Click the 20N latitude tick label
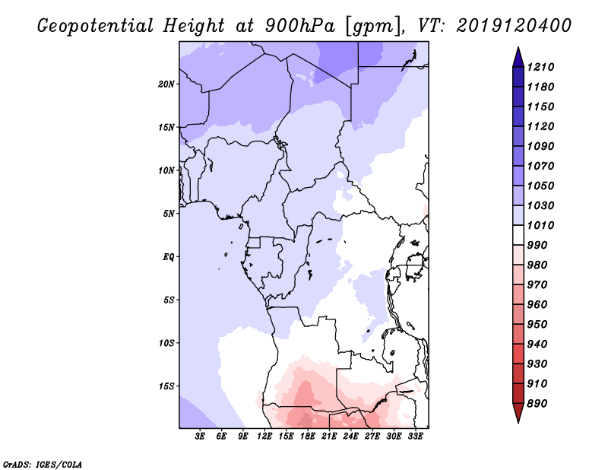[166, 84]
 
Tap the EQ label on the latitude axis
[168, 257]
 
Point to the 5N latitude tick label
[169, 214]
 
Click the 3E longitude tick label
[200, 437]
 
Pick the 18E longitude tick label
[308, 437]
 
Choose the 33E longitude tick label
[415, 437]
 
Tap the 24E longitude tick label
[350, 437]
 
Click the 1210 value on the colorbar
[540, 67]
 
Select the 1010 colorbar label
[540, 225]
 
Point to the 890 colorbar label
[537, 404]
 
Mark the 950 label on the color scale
[537, 325]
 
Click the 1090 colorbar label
[540, 146]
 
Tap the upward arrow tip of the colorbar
[518, 47]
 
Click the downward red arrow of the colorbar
[518, 412]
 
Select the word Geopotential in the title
[95, 26]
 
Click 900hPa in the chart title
[299, 26]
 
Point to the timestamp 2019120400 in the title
[514, 26]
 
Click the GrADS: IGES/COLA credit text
[43, 465]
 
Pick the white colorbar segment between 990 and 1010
[518, 235]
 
